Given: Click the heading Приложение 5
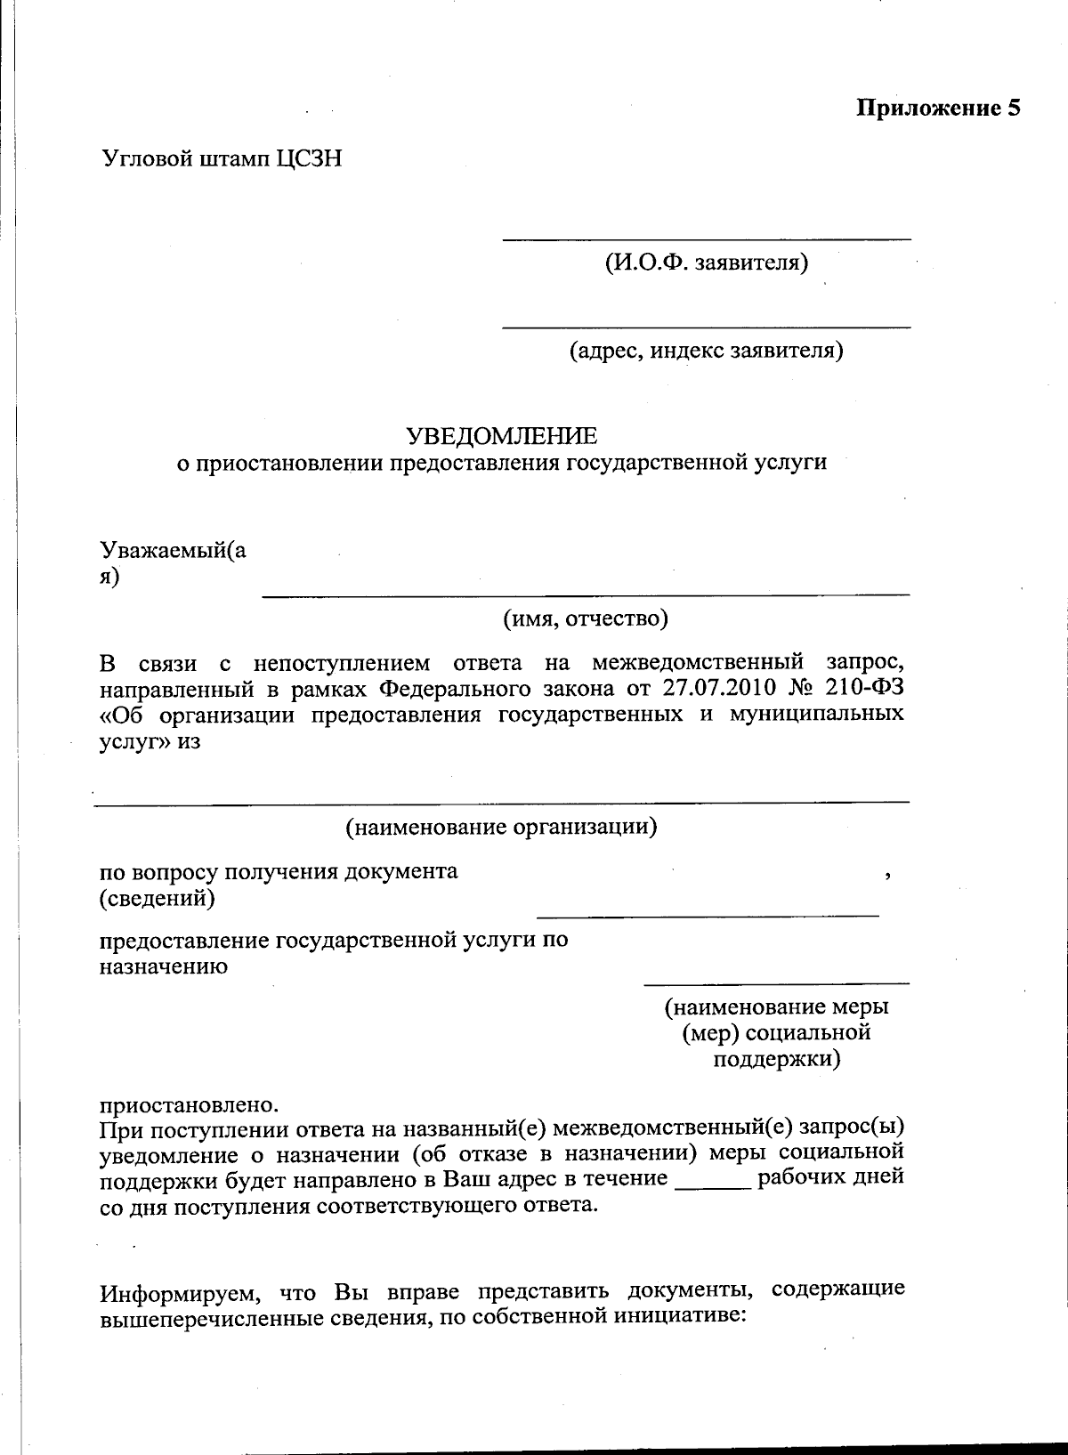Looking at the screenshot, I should pos(937,109).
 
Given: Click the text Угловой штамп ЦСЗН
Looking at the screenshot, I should pos(222,159).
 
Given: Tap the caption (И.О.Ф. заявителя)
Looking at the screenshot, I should pos(707,263).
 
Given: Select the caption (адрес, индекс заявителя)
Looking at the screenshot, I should pos(707,351).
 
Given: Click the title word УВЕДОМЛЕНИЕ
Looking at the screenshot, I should pos(502,436).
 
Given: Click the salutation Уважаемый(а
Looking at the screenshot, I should pos(174,551).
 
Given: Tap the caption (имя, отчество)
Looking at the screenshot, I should pos(586,618).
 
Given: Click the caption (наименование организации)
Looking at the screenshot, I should pos(501,828).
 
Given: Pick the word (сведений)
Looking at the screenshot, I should pos(157,899).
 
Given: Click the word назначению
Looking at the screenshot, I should pos(163,966).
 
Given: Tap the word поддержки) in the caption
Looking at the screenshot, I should pos(777,1060).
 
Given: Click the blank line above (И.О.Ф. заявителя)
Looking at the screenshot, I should pos(707,239).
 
